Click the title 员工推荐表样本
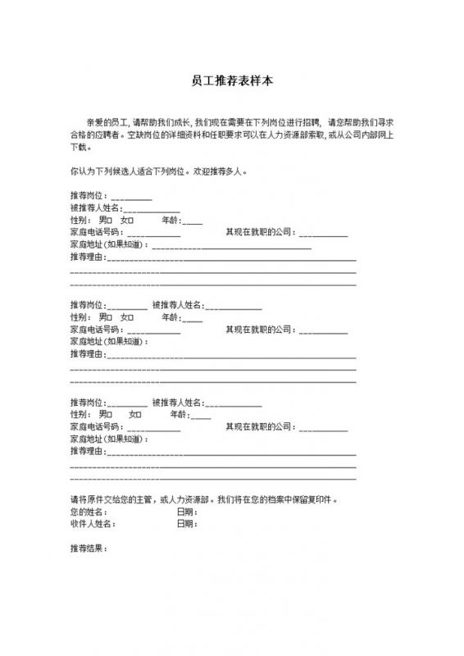(x=231, y=81)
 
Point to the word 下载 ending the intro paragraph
(x=79, y=148)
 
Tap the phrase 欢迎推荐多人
(x=218, y=173)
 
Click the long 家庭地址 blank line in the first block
(x=230, y=245)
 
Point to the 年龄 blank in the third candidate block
(x=192, y=416)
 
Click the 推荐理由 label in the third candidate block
(x=88, y=451)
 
